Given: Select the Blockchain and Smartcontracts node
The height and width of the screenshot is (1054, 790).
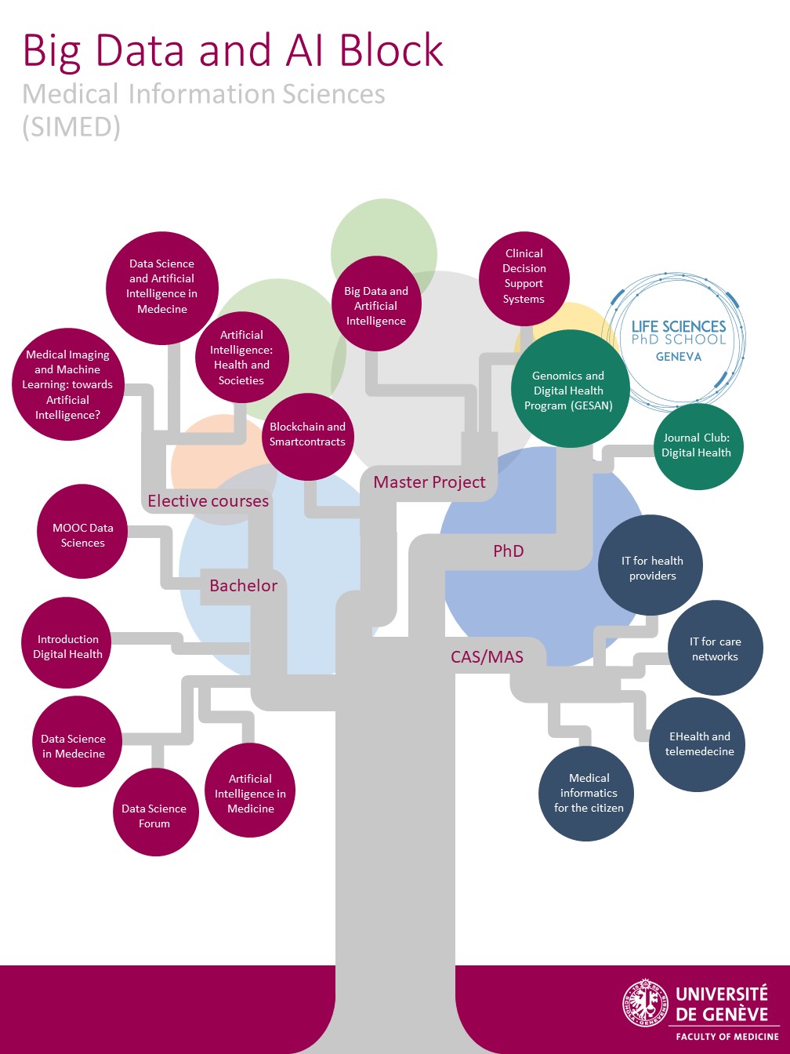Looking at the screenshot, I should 307,435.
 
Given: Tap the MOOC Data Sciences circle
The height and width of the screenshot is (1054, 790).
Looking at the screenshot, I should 82,535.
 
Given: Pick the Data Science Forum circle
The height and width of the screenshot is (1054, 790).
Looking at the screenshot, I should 154,813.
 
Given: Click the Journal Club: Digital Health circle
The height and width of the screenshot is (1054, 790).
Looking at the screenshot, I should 696,446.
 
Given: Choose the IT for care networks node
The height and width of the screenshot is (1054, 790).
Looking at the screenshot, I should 715,649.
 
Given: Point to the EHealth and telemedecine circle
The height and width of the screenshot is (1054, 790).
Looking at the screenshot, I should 699,744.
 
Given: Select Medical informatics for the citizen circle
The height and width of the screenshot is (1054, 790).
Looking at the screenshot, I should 589,793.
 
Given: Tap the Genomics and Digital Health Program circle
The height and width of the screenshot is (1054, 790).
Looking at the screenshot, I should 569,390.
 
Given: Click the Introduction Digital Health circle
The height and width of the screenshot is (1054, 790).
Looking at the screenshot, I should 68,646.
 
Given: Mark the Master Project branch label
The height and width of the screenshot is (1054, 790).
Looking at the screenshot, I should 429,482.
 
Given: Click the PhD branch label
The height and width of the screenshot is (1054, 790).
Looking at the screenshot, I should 508,551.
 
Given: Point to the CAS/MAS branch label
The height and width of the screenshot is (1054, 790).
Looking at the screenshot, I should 487,657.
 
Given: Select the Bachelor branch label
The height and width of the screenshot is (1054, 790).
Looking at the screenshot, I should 244,586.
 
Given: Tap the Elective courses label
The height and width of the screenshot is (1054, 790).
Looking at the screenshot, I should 208,501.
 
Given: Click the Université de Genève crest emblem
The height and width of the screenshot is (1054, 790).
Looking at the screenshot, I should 645,1005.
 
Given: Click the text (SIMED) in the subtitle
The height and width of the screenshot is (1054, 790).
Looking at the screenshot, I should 71,127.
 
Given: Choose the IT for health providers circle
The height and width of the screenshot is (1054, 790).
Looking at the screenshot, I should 652,568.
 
